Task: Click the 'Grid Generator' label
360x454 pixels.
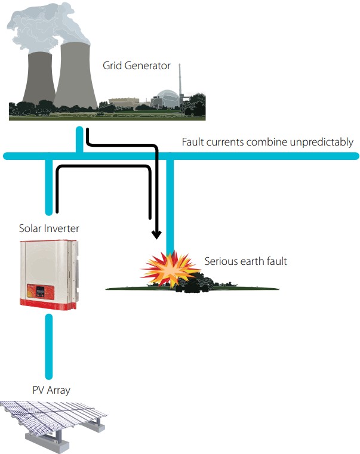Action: click(137, 66)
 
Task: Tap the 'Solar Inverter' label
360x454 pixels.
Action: click(49, 228)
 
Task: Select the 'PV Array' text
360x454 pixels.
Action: click(51, 390)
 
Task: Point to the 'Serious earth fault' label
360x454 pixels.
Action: click(246, 261)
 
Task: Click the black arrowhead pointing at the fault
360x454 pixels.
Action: click(156, 234)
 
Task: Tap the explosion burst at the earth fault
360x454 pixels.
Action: click(170, 269)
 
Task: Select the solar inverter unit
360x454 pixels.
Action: click(49, 274)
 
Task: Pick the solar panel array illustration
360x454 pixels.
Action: click(54, 425)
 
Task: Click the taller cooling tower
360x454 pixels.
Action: click(76, 75)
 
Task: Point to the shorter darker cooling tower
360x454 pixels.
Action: click(39, 78)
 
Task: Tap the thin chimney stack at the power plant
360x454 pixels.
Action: click(180, 81)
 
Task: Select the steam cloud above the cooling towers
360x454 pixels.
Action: click(48, 27)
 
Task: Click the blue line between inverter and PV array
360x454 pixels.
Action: click(49, 347)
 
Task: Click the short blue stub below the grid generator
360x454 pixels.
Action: click(79, 140)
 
